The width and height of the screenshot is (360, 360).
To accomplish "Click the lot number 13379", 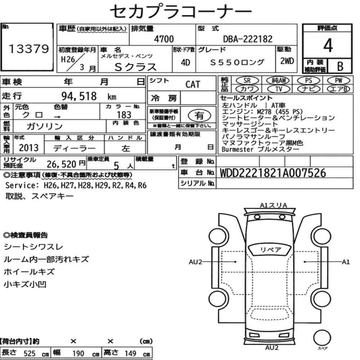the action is coord(29,49).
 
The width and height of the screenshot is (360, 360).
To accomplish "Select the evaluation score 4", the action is coord(328,45).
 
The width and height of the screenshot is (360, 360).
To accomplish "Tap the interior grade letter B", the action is coord(340,66).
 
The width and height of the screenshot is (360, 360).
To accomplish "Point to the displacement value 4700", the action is coord(164,39).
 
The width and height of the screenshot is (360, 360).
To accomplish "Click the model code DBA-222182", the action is coord(248,39).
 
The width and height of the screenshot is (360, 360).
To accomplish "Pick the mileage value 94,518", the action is coord(79,96).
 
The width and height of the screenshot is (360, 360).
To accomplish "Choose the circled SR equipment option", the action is coord(247,81).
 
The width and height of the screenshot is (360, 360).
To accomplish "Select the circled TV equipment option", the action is coord(279,89).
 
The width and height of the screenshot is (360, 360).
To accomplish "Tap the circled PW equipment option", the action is coord(338,81).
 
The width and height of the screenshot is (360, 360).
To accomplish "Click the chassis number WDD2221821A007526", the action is coord(273,173).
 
